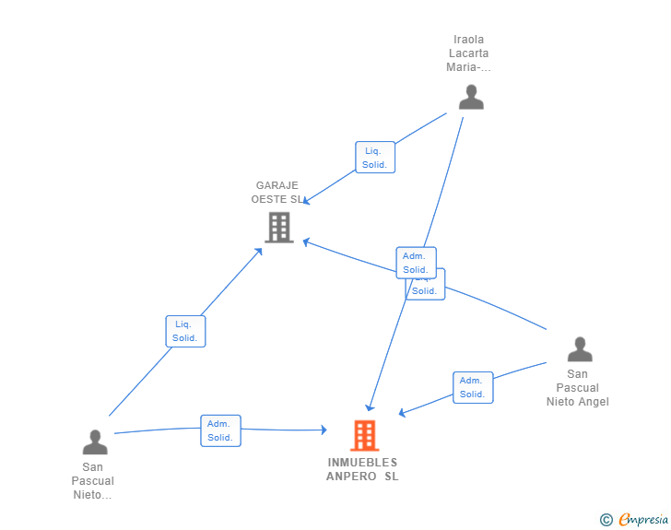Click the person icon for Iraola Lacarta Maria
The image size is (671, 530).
[471, 98]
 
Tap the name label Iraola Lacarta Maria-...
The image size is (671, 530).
[468, 53]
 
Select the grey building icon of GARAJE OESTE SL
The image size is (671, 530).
[279, 227]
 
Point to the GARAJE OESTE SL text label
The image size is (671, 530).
[277, 192]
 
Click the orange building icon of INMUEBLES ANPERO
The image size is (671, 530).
[364, 435]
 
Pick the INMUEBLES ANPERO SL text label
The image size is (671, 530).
[362, 469]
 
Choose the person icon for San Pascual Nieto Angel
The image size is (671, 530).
[580, 349]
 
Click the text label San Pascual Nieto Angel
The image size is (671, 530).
[578, 388]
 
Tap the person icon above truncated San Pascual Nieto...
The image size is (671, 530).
[95, 442]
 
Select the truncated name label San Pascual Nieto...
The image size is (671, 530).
[93, 481]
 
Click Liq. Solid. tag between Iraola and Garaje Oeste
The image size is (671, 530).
[374, 158]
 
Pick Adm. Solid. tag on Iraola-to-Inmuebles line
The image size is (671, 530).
[415, 263]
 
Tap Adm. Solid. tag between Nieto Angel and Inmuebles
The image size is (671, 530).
[472, 387]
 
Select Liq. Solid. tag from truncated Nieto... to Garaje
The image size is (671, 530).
[184, 331]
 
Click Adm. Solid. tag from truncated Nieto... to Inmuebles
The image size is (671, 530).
[220, 430]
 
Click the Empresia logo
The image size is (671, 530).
[643, 520]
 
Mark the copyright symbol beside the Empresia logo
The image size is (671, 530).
[606, 520]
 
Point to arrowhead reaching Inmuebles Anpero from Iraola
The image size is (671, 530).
[370, 406]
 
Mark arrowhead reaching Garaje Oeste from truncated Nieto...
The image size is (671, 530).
[260, 251]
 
